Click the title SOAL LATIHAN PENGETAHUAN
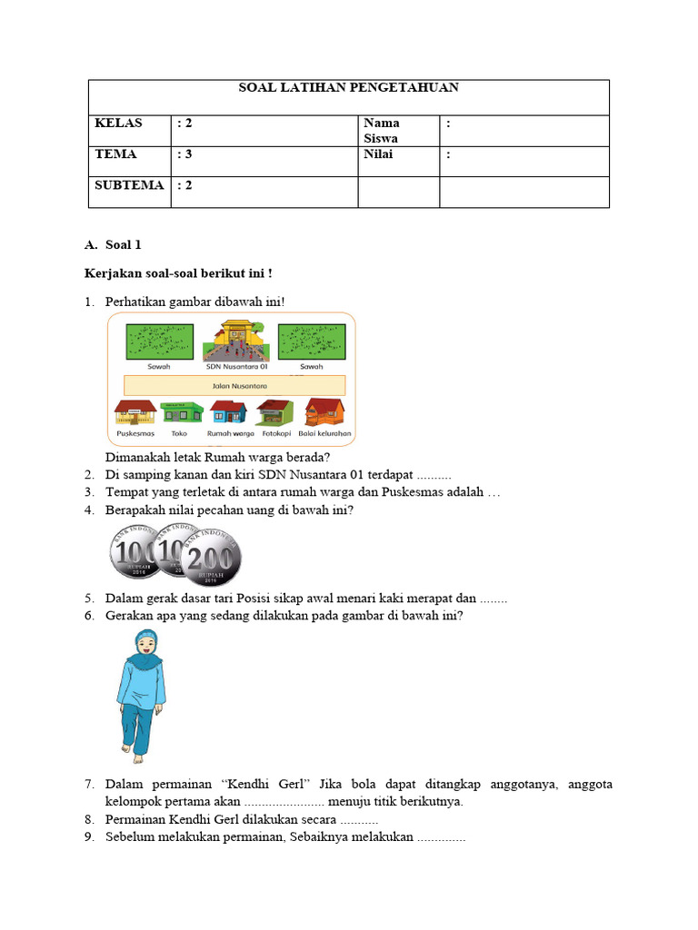(x=348, y=88)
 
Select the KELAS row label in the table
(x=118, y=123)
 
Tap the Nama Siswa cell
(x=381, y=131)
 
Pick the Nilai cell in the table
(x=377, y=154)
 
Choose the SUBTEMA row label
(x=129, y=185)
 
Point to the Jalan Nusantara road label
(x=231, y=385)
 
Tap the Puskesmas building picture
(x=135, y=412)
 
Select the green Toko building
(x=180, y=412)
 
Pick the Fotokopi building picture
(x=274, y=412)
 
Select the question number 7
(x=89, y=784)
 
